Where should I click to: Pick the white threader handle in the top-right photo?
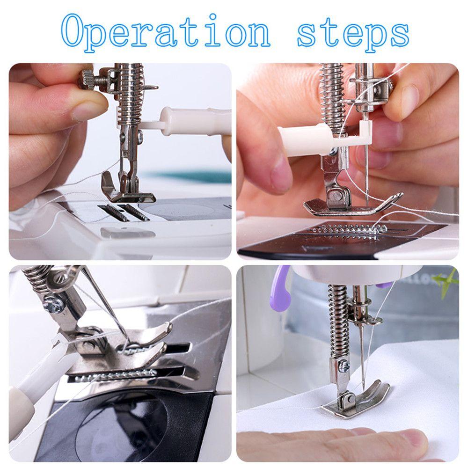tap(304, 140)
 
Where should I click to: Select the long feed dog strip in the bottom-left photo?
tap(117, 374)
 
